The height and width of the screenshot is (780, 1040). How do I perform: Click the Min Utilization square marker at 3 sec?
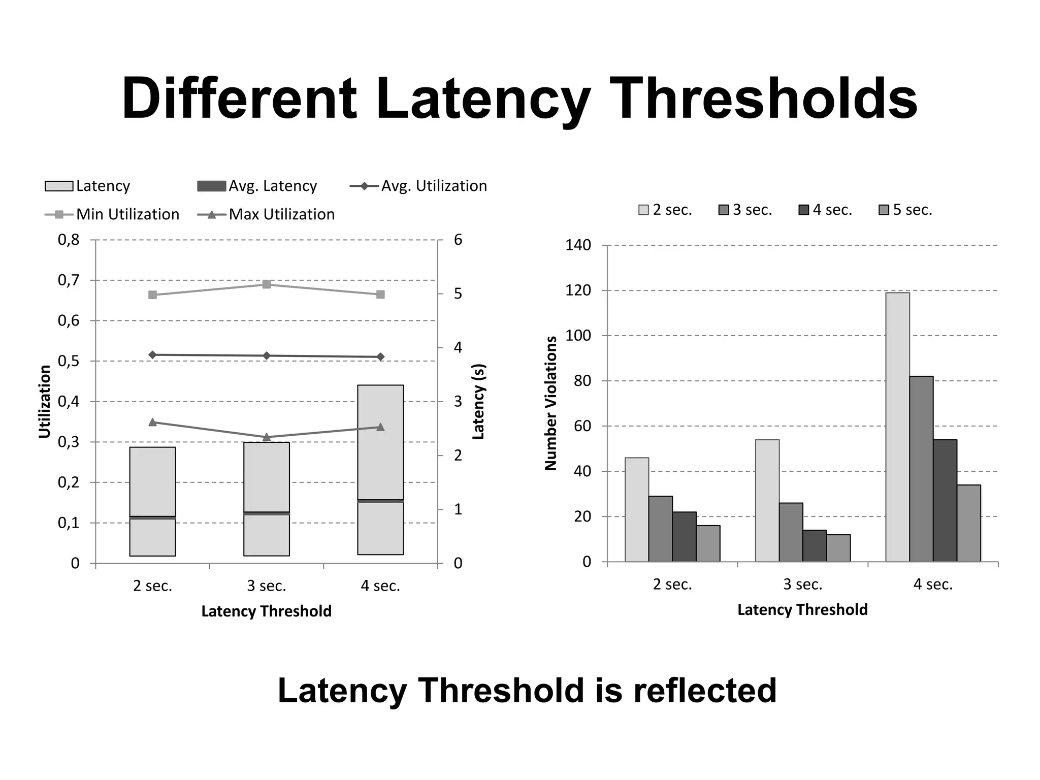(267, 284)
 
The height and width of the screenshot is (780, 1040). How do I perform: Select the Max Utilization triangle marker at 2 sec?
(152, 422)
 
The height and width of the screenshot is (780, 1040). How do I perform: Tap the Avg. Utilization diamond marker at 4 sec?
(380, 357)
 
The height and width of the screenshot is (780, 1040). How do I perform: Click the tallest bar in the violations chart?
(897, 427)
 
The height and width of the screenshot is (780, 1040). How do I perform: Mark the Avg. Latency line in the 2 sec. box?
(152, 517)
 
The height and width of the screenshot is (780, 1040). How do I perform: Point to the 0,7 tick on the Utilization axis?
(69, 280)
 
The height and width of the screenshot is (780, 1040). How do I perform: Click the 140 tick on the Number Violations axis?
(578, 246)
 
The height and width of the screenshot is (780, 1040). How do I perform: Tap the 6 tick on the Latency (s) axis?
(458, 240)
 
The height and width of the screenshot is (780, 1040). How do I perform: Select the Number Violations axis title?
(551, 403)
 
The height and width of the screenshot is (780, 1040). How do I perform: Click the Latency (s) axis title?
(479, 401)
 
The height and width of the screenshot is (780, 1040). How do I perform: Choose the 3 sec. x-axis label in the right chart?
(802, 584)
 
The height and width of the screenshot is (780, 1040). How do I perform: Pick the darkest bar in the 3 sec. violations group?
(815, 546)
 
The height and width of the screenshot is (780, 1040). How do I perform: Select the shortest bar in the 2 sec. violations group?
(708, 543)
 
